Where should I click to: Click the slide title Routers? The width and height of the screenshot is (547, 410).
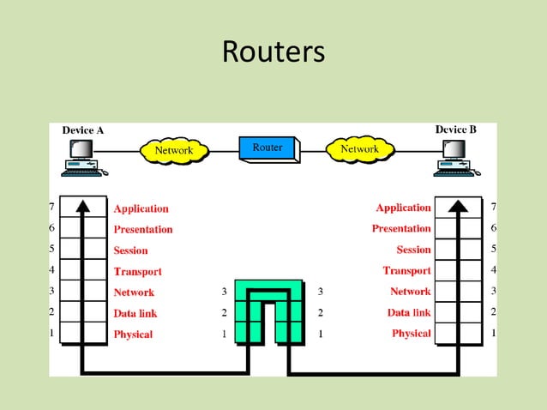tap(273, 51)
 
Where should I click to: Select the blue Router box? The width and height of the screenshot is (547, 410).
tap(267, 148)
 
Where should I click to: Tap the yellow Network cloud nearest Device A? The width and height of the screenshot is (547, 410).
tap(174, 150)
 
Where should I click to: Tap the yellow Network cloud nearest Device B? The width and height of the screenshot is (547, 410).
tap(360, 149)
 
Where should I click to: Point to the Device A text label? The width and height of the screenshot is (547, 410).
tap(83, 130)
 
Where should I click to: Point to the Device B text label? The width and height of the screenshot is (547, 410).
tap(455, 130)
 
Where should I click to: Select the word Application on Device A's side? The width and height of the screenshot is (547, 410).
tap(141, 208)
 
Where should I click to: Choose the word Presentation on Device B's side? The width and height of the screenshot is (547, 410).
tap(401, 229)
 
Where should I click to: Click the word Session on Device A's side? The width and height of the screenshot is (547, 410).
tap(130, 250)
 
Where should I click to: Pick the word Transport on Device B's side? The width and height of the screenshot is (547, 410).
tap(406, 271)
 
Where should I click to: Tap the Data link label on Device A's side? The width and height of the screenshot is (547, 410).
tap(135, 314)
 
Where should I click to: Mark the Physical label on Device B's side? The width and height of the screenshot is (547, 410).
tap(412, 334)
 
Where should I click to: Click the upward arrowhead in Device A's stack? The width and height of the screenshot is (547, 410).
tap(83, 206)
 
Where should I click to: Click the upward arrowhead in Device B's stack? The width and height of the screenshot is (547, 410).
tap(459, 206)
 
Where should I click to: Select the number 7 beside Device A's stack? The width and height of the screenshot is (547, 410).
tap(52, 208)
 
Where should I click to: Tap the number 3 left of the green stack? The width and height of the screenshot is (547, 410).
tap(224, 292)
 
